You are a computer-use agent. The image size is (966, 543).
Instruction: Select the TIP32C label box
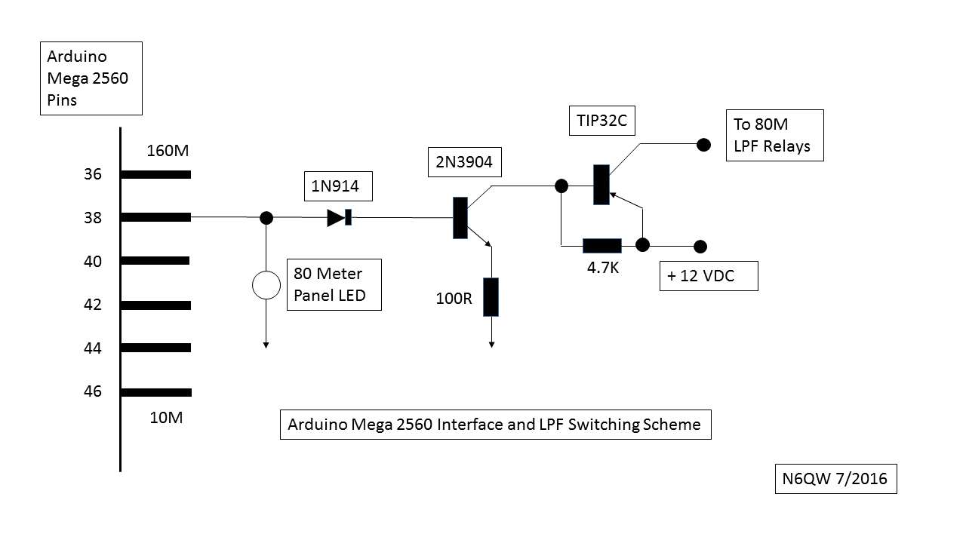tap(596, 121)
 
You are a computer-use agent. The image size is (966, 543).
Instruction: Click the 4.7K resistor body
tap(602, 246)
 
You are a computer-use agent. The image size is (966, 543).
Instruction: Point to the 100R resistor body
tap(491, 296)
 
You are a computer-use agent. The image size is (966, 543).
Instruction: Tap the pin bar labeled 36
tap(155, 174)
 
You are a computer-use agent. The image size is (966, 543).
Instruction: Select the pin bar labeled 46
tap(155, 392)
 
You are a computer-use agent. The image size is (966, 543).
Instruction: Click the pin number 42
tap(92, 305)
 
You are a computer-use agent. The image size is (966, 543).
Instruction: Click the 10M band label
tap(165, 417)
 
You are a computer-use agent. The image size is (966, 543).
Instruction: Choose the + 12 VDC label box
tap(708, 276)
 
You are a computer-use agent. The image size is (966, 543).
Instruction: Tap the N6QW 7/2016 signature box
tap(835, 478)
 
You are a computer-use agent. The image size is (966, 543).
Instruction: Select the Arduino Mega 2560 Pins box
tap(91, 78)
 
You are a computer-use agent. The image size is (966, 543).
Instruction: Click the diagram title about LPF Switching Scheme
tap(494, 425)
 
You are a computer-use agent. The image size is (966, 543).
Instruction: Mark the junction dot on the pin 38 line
tap(266, 218)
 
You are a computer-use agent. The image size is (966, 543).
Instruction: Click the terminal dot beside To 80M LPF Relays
tap(703, 144)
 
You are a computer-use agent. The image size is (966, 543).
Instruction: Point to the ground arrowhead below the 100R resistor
tap(491, 344)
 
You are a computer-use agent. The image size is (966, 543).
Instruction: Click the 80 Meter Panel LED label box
tap(334, 285)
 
